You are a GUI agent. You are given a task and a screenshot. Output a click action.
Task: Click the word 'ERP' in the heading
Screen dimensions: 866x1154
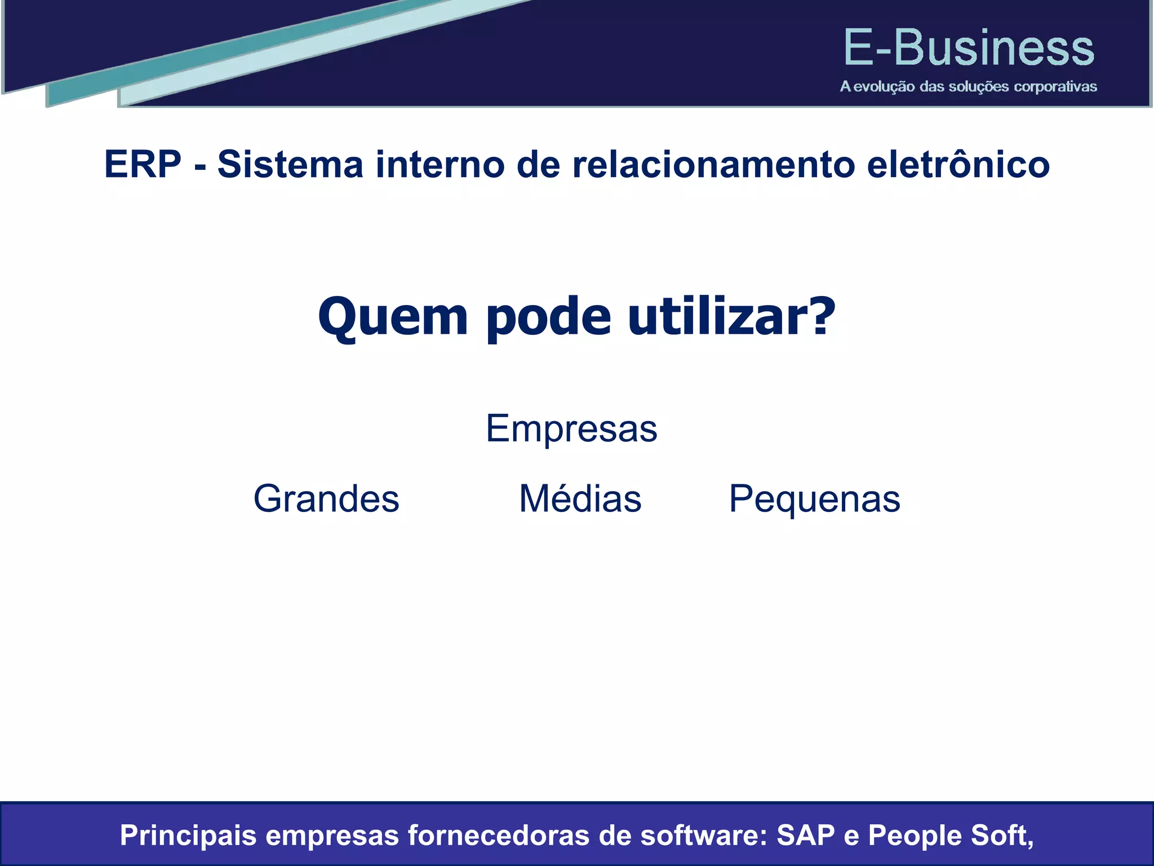143,165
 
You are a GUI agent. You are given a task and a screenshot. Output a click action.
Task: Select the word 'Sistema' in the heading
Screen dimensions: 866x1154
290,165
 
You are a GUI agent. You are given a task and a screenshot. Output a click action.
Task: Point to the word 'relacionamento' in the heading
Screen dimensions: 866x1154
713,165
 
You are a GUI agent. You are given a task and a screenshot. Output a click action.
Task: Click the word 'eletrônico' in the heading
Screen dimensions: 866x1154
958,165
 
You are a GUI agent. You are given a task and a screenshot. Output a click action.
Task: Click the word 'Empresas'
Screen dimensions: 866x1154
571,429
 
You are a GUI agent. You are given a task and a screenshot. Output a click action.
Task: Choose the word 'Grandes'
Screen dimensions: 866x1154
326,500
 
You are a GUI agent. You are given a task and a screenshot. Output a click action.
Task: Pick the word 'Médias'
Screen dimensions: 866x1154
580,500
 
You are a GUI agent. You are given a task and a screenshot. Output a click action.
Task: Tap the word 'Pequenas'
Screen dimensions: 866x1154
814,500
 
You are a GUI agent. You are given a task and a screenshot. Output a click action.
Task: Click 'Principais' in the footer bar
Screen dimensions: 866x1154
188,836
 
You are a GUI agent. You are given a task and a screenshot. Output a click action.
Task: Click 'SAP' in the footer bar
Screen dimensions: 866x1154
805,836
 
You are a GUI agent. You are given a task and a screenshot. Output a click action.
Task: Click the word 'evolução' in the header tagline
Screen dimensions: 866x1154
883,87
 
